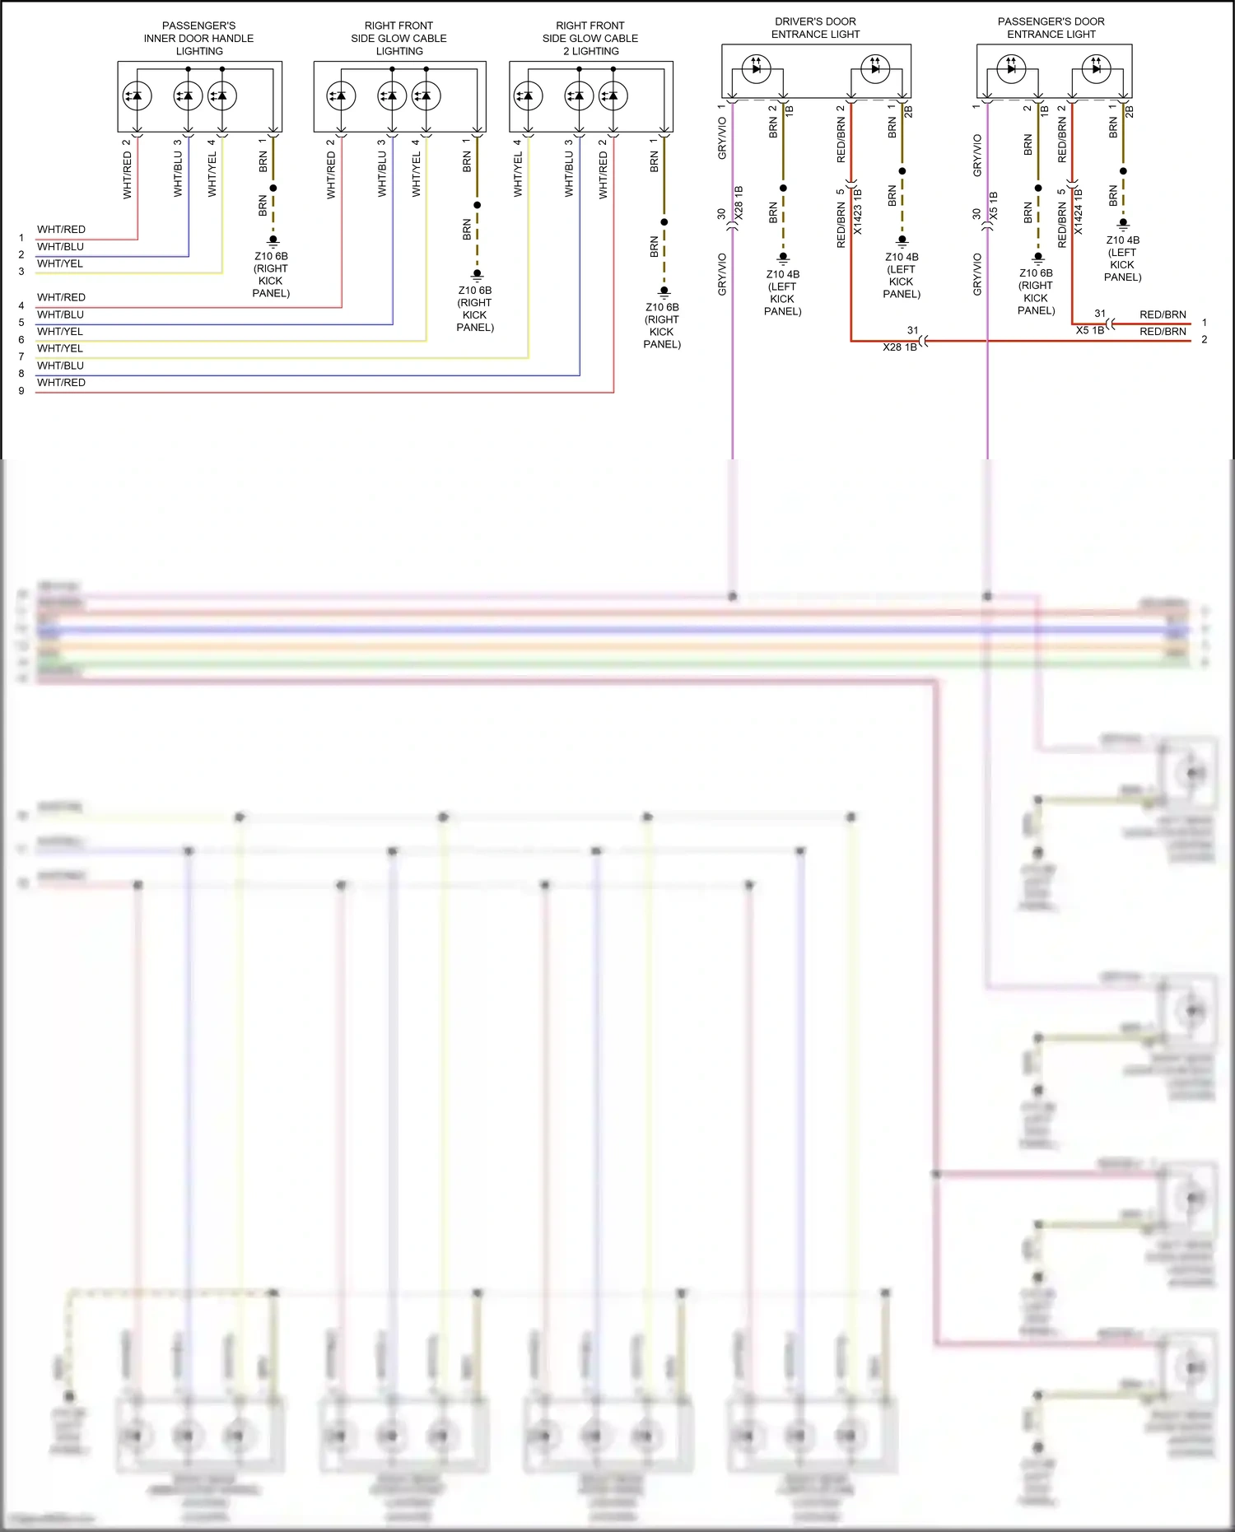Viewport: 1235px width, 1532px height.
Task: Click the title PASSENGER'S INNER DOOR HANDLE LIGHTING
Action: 198,39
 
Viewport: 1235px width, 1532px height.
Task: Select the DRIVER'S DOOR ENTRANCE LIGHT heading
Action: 815,28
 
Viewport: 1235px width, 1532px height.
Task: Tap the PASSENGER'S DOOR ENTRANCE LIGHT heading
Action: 1051,28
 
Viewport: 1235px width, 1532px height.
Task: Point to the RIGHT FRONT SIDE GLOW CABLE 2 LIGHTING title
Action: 590,39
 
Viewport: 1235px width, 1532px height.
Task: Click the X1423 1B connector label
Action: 858,211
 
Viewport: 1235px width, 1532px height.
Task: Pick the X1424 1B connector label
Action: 1079,211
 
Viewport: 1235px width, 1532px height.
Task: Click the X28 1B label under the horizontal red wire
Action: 899,347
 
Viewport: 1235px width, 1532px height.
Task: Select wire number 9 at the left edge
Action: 21,391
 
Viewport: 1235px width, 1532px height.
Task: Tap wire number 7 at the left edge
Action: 21,356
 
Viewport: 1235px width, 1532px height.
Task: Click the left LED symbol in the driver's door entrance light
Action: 756,68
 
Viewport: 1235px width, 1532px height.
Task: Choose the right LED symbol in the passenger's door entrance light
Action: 1096,68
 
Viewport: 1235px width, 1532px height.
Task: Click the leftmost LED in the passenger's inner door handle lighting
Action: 137,96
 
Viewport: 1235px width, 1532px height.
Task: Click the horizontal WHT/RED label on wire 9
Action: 61,383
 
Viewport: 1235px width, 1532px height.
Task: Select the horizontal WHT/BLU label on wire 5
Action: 60,314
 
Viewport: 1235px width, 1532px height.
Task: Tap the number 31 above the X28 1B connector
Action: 912,330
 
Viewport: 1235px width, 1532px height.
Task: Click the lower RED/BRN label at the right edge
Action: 1163,332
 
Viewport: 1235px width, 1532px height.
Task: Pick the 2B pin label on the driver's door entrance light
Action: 908,110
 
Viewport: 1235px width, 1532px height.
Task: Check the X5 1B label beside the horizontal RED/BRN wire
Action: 1089,330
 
